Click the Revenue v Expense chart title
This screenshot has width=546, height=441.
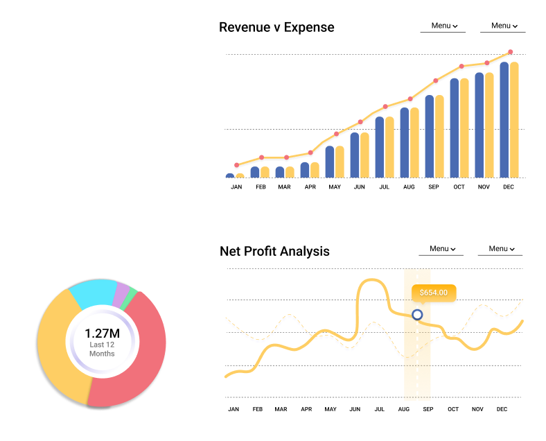276,28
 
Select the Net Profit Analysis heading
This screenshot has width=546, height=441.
274,251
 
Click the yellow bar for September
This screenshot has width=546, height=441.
439,137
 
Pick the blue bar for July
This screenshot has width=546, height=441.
380,147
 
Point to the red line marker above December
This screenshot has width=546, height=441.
511,52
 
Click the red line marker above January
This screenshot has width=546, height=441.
237,165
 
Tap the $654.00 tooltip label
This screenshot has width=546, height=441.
434,293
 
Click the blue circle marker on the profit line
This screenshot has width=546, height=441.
417,315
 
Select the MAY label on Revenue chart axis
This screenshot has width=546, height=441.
335,187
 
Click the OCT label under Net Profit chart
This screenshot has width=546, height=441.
453,409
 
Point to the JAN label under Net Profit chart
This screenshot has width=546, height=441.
234,409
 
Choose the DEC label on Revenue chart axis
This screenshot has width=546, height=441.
509,187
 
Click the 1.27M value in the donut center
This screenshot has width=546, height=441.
102,333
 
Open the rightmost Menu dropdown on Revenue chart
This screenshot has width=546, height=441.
504,26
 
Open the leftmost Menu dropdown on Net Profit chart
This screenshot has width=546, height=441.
442,249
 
